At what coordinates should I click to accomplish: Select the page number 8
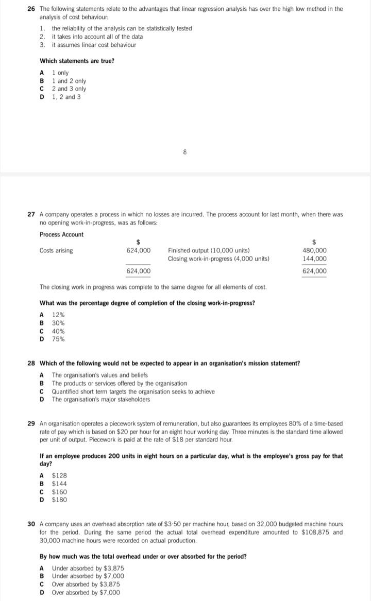coord(184,152)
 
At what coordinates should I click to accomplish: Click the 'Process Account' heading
coord(61,234)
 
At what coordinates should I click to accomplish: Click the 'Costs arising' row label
coord(56,251)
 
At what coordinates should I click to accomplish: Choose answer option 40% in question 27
coord(58,331)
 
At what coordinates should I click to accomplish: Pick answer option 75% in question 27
coord(58,339)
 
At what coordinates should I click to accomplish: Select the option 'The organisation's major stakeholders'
coord(101,399)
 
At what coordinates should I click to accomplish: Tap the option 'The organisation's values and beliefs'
coord(99,375)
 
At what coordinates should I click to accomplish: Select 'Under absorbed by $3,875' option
coord(88,568)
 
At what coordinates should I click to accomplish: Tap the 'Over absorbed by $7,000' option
coord(86,592)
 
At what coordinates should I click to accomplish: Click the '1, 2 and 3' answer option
coord(66,97)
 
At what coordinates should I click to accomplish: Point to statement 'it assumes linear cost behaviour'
coord(94,45)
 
